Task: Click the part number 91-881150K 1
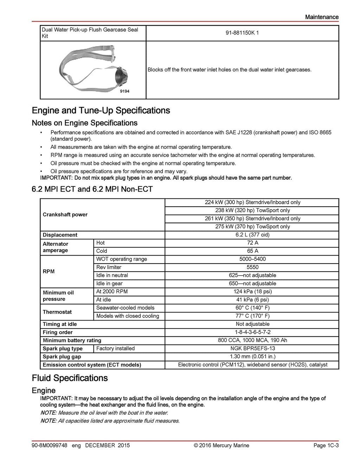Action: click(242, 33)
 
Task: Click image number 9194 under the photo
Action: click(124, 91)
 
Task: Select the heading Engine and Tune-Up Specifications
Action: click(101, 110)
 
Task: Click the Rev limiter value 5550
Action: click(252, 267)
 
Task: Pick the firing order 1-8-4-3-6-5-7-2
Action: click(252, 332)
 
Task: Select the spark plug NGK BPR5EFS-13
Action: click(252, 348)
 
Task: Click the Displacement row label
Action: click(60, 235)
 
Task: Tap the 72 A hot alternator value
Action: click(252, 243)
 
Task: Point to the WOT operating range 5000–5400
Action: click(252, 259)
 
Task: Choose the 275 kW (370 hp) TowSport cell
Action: click(252, 227)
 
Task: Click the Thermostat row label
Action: click(57, 312)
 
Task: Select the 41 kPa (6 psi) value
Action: click(252, 300)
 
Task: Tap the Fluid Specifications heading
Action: click(70, 378)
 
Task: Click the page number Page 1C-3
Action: click(326, 445)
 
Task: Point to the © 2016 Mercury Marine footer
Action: click(221, 445)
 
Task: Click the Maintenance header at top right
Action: click(322, 17)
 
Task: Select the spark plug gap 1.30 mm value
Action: click(252, 356)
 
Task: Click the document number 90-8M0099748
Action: click(49, 445)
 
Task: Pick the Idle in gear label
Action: click(109, 284)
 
